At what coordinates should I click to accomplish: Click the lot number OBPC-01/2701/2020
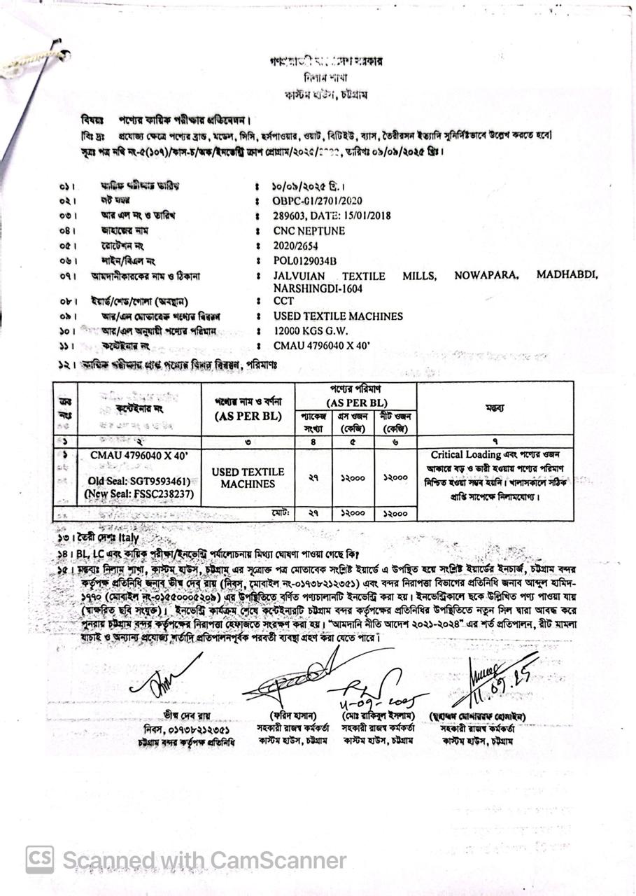pyautogui.click(x=318, y=201)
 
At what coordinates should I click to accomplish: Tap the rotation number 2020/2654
pyautogui.click(x=297, y=245)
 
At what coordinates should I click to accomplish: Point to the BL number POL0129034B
pyautogui.click(x=305, y=260)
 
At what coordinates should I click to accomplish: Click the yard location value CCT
pyautogui.click(x=283, y=302)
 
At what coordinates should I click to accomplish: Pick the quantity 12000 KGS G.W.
pyautogui.click(x=311, y=330)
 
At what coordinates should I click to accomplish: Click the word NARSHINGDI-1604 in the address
pyautogui.click(x=318, y=288)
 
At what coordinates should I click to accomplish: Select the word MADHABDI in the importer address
pyautogui.click(x=567, y=275)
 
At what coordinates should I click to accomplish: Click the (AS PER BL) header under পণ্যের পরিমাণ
pyautogui.click(x=355, y=403)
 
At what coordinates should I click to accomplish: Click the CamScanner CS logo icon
pyautogui.click(x=40, y=860)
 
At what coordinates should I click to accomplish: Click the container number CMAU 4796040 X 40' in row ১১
pyautogui.click(x=322, y=346)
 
